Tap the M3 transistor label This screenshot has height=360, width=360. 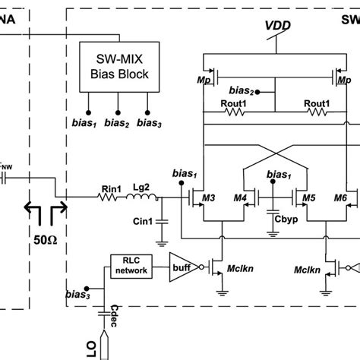[x=209, y=199]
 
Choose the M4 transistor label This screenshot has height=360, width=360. [x=242, y=199]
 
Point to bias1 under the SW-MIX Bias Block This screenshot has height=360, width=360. [x=85, y=122]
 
